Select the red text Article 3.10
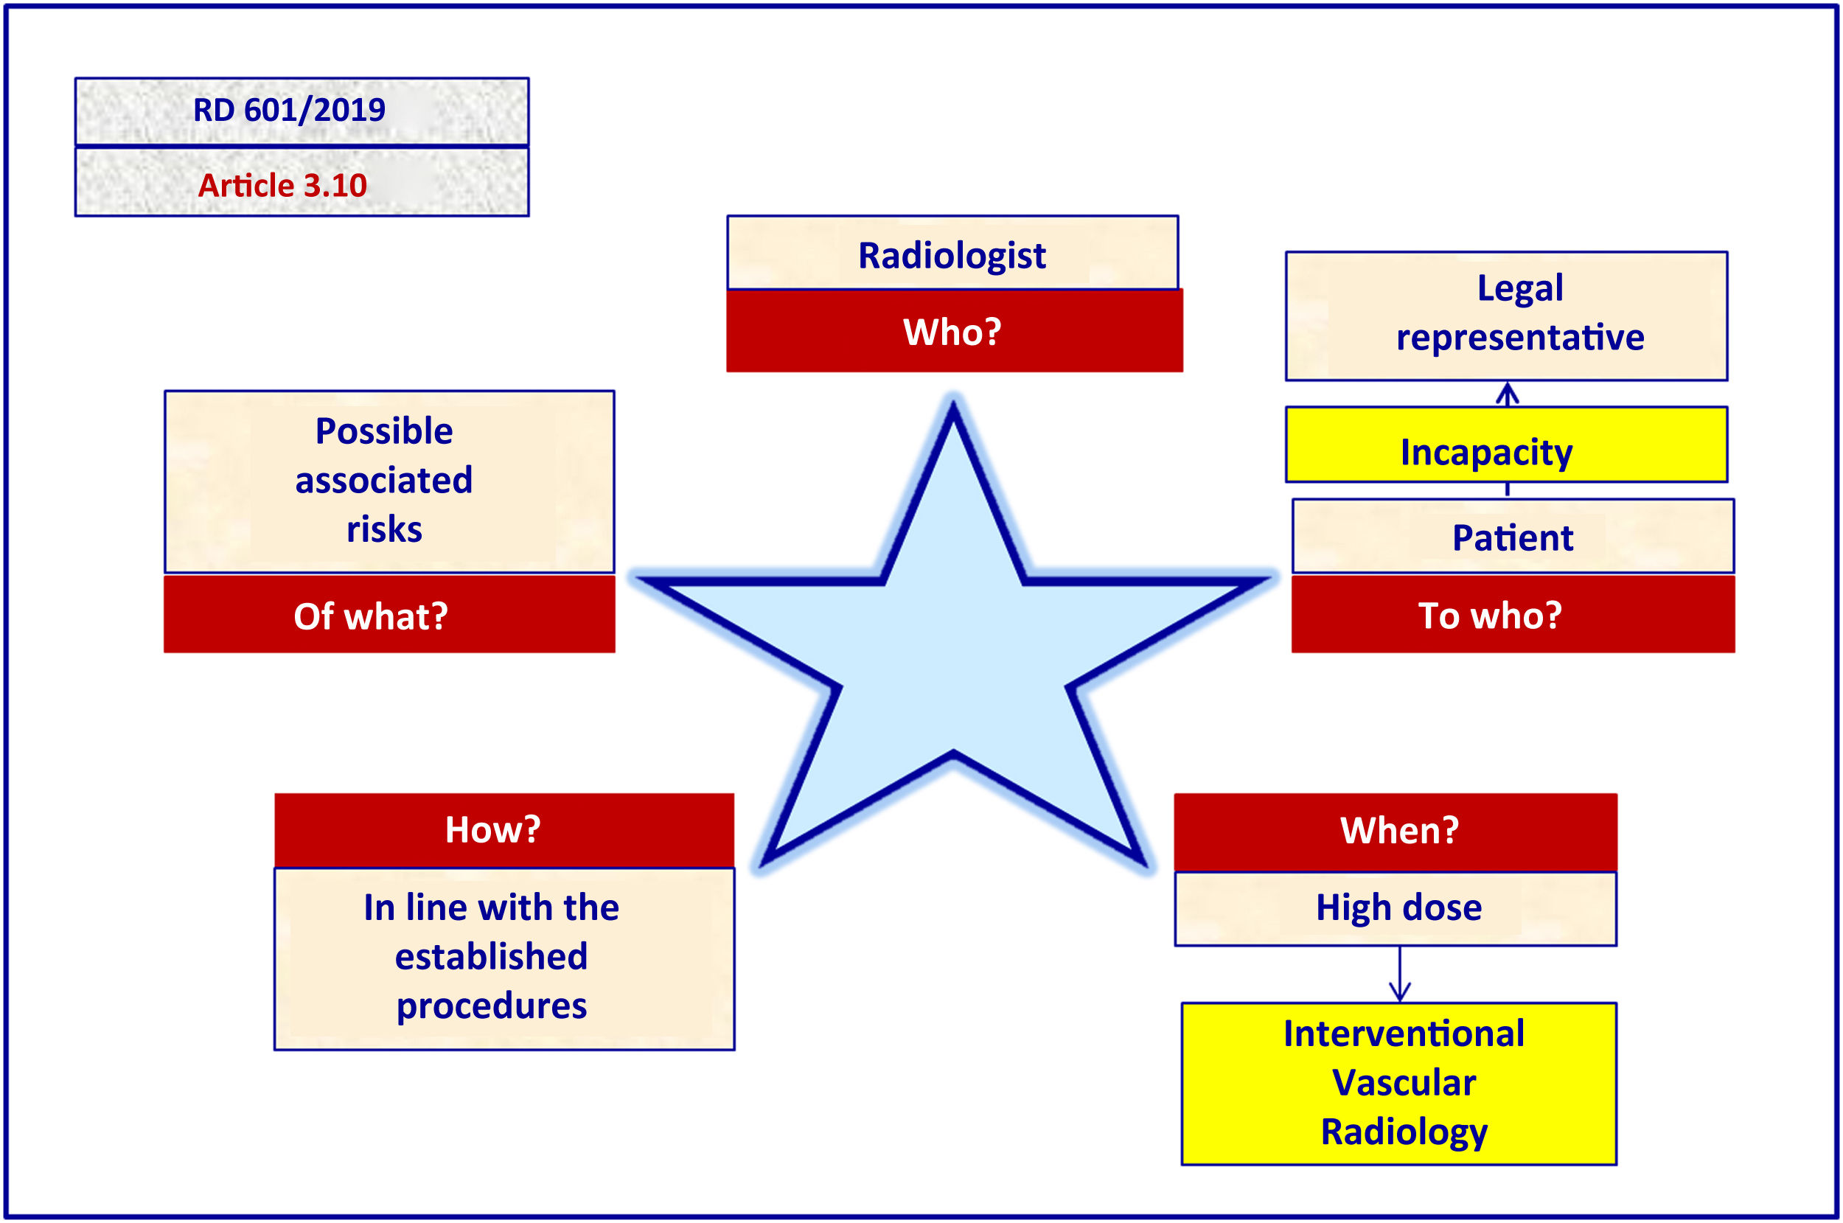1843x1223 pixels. [x=282, y=186]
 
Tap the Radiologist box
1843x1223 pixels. [x=952, y=255]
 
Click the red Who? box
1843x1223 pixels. [x=953, y=332]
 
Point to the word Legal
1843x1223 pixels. [x=1519, y=288]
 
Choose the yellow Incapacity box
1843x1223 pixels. [x=1505, y=453]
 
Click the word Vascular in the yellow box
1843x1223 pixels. [x=1403, y=1083]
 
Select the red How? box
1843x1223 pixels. [x=493, y=829]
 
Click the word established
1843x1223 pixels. [x=492, y=956]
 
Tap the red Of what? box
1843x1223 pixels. [x=372, y=616]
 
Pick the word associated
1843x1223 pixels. [x=384, y=481]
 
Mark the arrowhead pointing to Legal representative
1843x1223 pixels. [x=1507, y=391]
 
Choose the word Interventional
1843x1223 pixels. [x=1403, y=1034]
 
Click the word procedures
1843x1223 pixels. [x=492, y=1006]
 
